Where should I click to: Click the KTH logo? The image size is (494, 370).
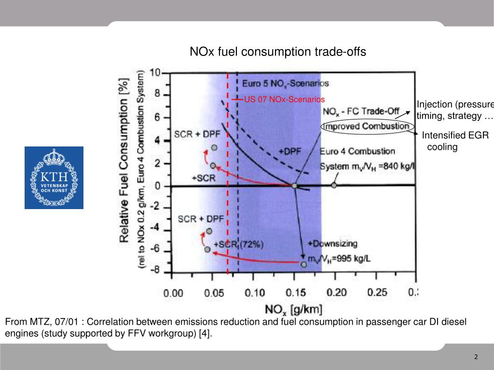point(54,178)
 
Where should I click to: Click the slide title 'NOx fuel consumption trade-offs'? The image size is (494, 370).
point(277,52)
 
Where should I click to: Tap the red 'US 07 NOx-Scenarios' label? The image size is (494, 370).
point(284,99)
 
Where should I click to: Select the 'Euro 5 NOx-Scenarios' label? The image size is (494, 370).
point(285,83)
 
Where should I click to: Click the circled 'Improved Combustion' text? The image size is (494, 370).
point(366,126)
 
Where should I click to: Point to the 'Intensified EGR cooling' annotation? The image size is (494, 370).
point(455,141)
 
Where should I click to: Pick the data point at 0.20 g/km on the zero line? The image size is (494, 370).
point(334,185)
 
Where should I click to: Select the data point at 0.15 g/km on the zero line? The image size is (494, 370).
point(294,185)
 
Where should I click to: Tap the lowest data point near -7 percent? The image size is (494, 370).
point(303,264)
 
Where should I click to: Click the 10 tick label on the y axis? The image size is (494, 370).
point(155,73)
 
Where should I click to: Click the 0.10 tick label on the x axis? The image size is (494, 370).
point(255,293)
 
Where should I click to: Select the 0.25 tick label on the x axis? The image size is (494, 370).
point(377,292)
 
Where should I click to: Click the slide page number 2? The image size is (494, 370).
point(476,357)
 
